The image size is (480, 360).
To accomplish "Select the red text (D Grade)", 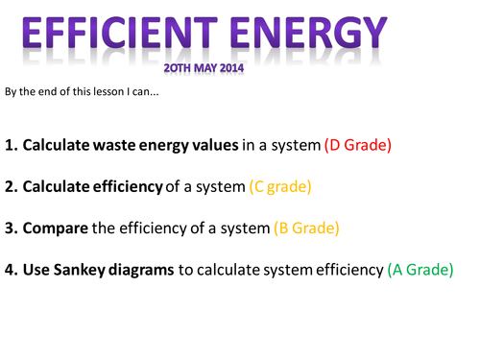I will tap(359, 146).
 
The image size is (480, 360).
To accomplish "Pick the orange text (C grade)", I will tap(280, 187).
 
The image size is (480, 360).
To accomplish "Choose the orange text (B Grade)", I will tap(307, 228).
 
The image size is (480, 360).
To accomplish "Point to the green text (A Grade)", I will tap(420, 271).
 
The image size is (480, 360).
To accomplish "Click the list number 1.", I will tap(10, 146).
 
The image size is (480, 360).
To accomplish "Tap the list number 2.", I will tap(10, 187).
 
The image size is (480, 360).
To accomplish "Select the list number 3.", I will tap(10, 228).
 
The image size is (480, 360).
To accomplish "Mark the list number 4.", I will tap(10, 271).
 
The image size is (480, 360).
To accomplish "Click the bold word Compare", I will tap(57, 229).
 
